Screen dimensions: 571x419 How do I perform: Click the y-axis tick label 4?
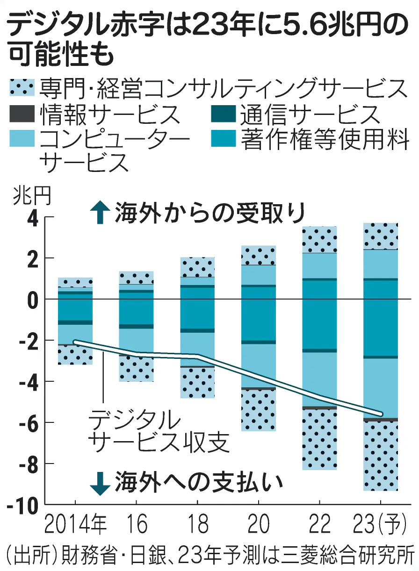coord(32,218)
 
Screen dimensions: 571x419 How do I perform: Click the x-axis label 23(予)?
coord(381,525)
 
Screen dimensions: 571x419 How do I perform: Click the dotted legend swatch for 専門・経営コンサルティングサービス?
coord(22,87)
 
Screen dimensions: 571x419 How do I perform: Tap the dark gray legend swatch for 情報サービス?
coord(22,113)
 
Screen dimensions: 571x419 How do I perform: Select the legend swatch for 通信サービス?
coord(224,113)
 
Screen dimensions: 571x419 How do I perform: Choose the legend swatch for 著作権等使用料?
coord(224,138)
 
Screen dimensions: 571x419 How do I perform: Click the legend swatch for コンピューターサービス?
coord(22,138)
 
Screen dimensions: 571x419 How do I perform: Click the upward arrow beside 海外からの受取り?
coord(99,213)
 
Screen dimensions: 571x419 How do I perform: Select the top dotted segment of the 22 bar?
coord(319,239)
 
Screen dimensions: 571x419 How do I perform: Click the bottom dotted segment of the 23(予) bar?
coord(381,456)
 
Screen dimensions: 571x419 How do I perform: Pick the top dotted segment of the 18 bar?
coord(198,267)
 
